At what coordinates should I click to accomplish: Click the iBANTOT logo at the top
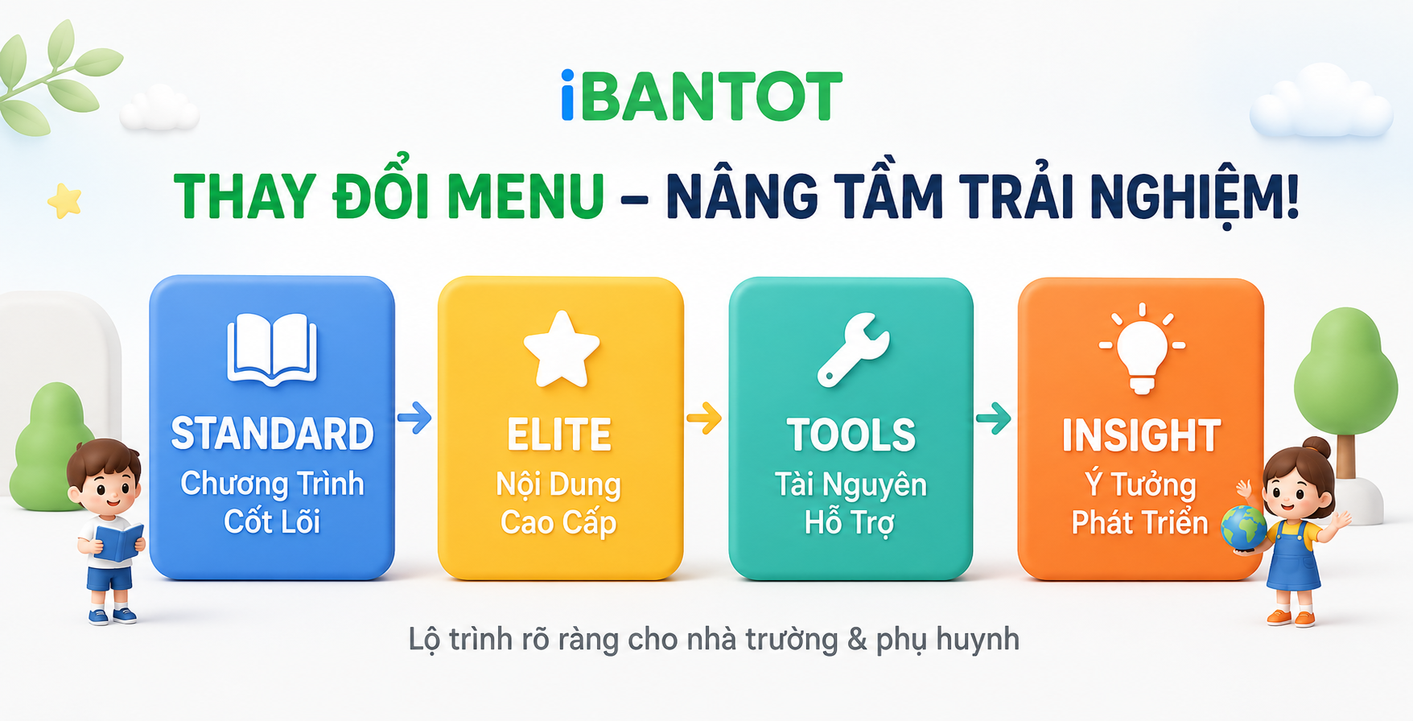pos(701,96)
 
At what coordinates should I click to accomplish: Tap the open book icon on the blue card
pos(272,350)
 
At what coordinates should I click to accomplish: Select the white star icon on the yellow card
pos(561,348)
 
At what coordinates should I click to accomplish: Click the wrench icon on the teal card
pos(853,349)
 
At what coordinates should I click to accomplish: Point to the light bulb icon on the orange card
pos(1142,348)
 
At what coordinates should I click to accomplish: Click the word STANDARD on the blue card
pos(272,434)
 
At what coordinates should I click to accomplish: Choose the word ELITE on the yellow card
pos(559,435)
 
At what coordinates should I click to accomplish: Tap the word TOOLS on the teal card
pos(851,435)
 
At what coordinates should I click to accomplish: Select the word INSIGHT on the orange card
pos(1141,435)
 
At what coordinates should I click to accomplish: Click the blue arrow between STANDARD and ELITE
pos(414,417)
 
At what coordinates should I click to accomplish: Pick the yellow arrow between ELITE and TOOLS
pos(704,418)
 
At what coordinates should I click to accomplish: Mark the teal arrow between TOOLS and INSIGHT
pos(994,418)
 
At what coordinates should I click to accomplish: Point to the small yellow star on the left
pos(64,200)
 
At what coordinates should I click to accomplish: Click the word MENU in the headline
pos(525,196)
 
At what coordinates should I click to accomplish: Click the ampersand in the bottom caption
pos(856,640)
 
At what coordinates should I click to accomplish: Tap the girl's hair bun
pos(1316,447)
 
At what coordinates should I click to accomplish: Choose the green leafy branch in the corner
pos(56,76)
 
